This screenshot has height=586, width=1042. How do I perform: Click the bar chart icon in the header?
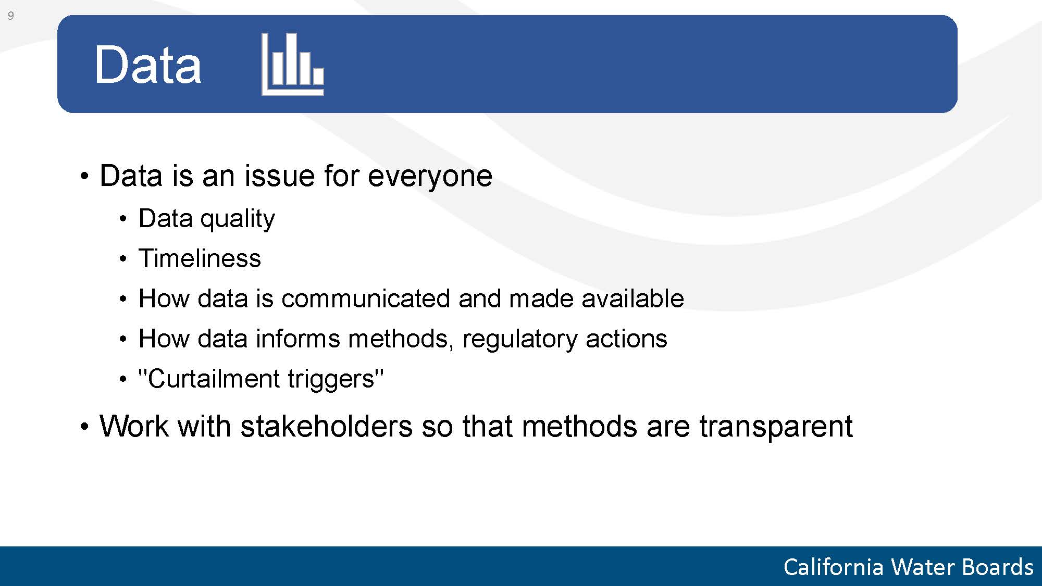292,64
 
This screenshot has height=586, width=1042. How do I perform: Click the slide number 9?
10,16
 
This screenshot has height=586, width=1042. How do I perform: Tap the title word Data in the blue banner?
147,65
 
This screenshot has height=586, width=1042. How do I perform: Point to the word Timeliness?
200,258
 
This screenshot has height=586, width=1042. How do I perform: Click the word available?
632,298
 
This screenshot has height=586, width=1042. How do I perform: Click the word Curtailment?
209,379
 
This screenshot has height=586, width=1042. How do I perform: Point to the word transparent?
775,428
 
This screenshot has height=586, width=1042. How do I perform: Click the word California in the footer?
834,567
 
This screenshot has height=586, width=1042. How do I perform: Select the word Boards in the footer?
998,567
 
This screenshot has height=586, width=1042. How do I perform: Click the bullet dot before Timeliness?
123,259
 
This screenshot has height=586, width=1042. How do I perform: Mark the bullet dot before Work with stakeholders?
85,427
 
